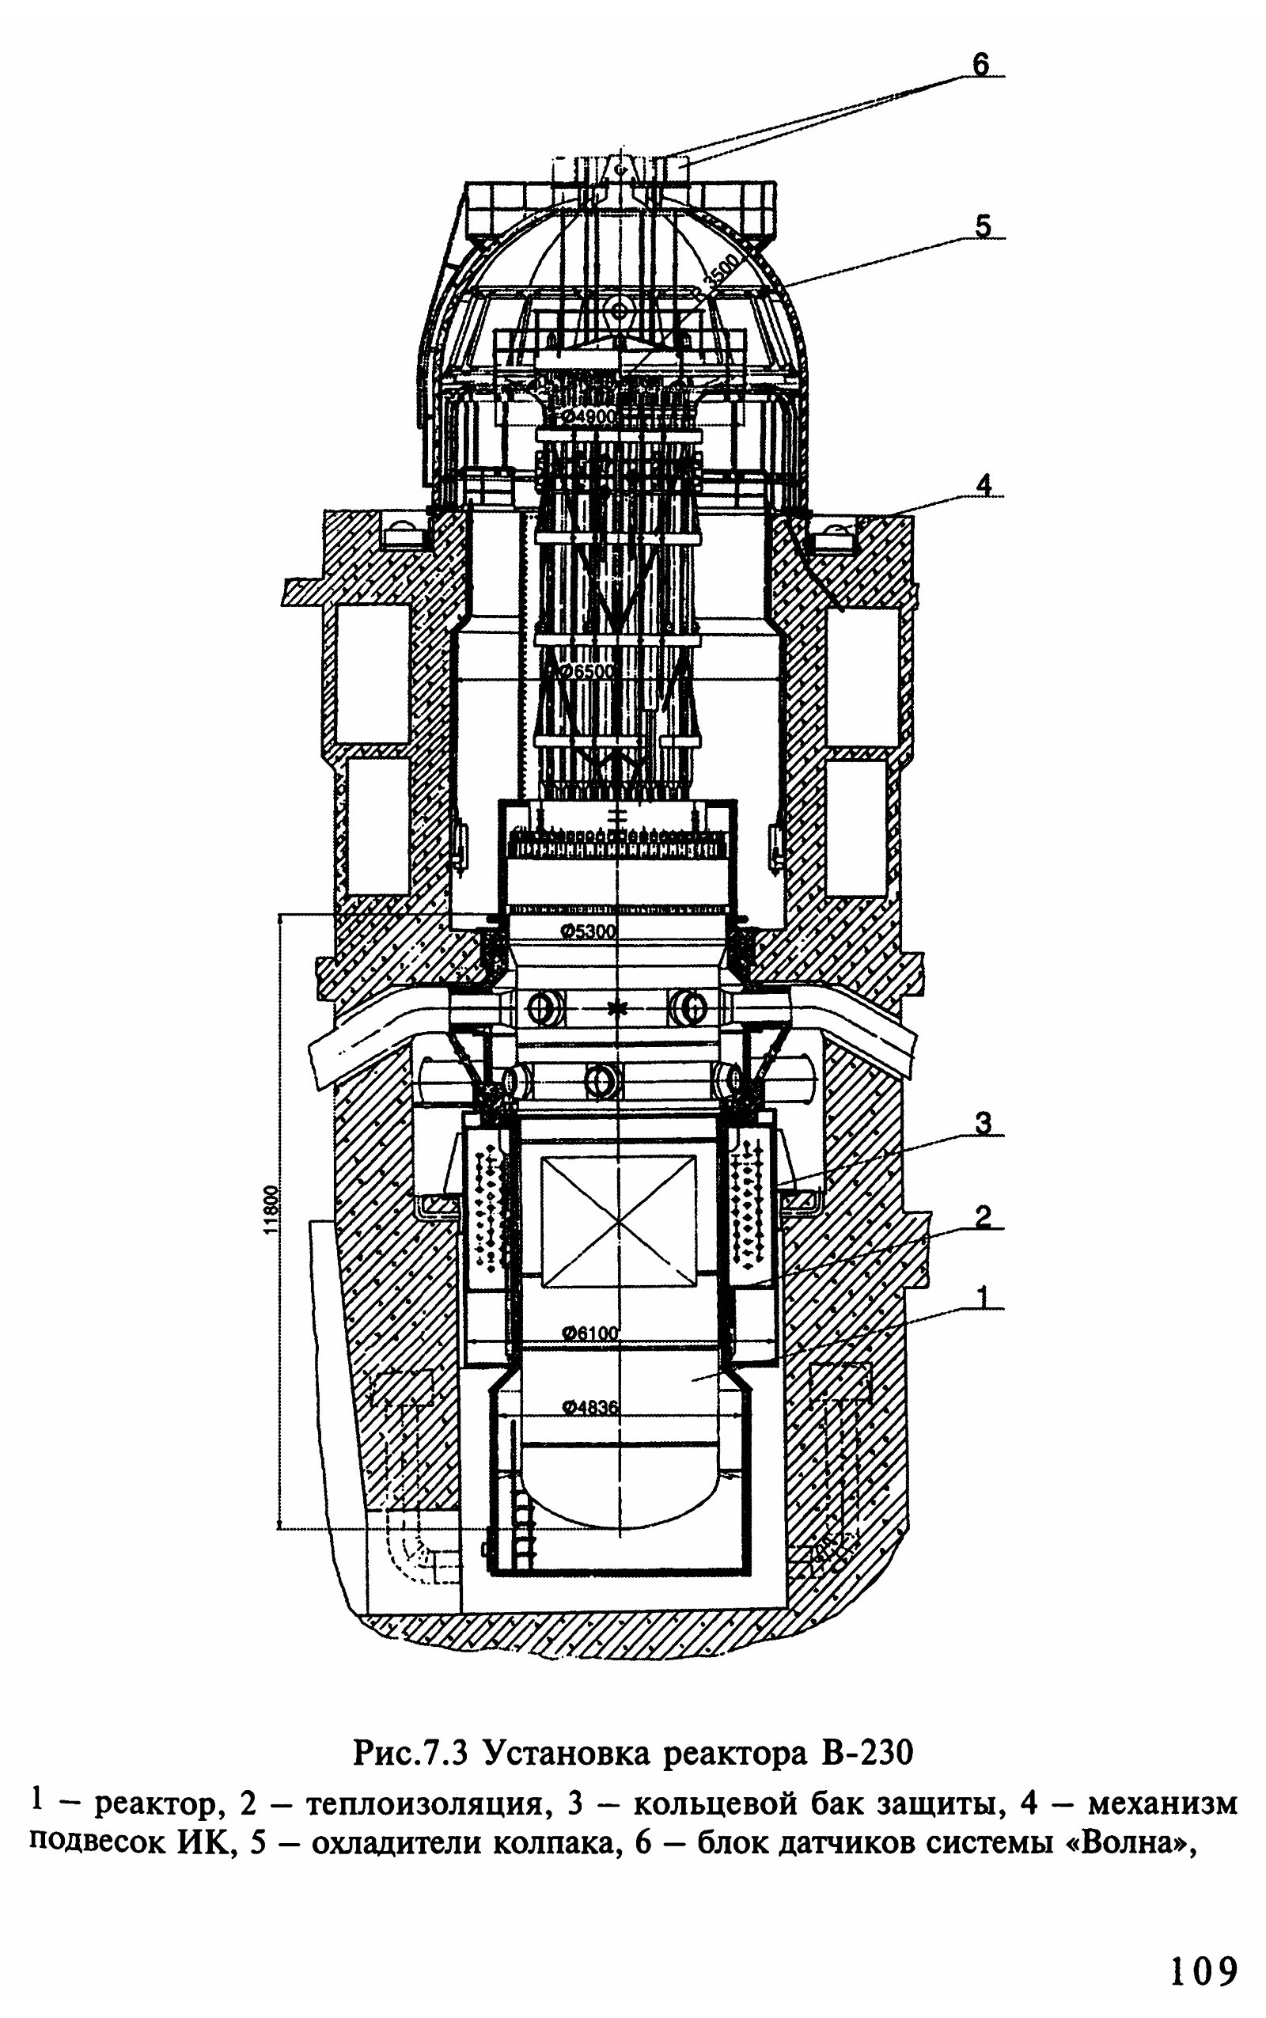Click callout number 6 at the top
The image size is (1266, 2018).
(x=980, y=63)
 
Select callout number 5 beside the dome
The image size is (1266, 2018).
(x=982, y=226)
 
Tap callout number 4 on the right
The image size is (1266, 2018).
(x=984, y=485)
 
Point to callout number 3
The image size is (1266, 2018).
(x=984, y=1123)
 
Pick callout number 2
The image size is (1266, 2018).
(x=984, y=1216)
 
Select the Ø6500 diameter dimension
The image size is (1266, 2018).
(x=587, y=671)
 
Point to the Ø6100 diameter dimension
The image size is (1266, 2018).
(x=589, y=1332)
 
